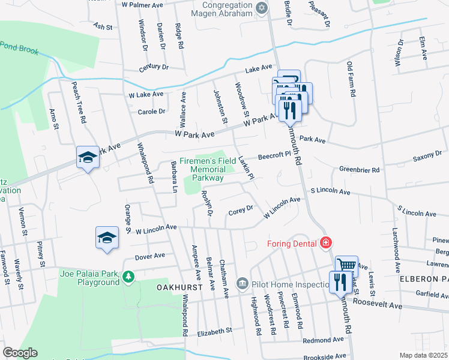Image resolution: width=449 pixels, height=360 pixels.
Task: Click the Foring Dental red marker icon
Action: [x=325, y=242]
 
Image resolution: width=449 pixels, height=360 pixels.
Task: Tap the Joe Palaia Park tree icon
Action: [x=128, y=277]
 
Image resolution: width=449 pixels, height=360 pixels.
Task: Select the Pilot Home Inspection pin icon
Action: [x=242, y=282]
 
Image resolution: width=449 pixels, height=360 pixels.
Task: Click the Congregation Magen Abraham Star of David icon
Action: [x=261, y=8]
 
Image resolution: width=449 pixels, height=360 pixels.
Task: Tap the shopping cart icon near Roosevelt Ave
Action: [x=346, y=265]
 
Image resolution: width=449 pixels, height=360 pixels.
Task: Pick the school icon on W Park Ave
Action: [x=88, y=157]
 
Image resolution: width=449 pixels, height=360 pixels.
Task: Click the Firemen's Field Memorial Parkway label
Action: [x=208, y=170]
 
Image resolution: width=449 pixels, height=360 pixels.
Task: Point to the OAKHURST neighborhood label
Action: [x=178, y=287]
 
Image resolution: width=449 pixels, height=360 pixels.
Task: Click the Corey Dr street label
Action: [x=241, y=212]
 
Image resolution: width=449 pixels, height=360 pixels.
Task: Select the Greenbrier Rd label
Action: [x=360, y=170]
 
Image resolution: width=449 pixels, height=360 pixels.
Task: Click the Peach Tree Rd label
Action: [x=79, y=103]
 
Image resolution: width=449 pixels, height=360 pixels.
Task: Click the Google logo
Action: [x=19, y=353]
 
